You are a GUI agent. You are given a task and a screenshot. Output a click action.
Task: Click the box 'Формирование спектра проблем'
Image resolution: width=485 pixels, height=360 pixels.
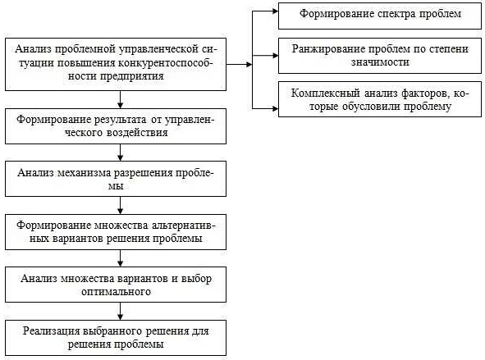pyautogui.click(x=380, y=16)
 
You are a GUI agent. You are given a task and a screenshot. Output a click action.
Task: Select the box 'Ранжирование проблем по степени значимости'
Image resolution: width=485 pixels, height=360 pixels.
pyautogui.click(x=380, y=56)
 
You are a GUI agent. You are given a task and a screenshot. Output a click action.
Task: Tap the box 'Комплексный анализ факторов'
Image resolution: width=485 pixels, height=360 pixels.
pyautogui.click(x=380, y=99)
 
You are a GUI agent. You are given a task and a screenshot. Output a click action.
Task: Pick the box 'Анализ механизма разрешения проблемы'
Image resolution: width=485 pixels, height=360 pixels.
pyautogui.click(x=116, y=179)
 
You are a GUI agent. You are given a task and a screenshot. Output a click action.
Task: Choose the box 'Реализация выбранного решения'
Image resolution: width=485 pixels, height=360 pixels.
pyautogui.click(x=116, y=338)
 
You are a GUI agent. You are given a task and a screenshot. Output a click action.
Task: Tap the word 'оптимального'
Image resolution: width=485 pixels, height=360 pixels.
pyautogui.click(x=116, y=292)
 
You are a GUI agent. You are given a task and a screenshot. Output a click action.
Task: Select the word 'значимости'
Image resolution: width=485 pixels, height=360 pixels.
pyautogui.click(x=380, y=62)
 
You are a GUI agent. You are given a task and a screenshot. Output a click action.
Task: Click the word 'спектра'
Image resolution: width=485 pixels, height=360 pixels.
pyautogui.click(x=397, y=14)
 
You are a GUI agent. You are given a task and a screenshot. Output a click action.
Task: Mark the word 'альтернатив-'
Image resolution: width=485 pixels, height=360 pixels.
pyautogui.click(x=184, y=226)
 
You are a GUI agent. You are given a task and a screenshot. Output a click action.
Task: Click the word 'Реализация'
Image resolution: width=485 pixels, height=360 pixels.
pyautogui.click(x=52, y=331)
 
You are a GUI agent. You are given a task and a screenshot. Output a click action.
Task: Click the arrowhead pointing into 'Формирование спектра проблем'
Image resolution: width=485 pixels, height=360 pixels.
pyautogui.click(x=275, y=11)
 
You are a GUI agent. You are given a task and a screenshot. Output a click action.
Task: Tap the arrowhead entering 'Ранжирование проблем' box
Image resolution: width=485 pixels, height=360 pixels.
pyautogui.click(x=275, y=56)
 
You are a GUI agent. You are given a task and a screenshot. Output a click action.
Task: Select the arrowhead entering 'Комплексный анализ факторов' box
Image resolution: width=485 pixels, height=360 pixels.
pyautogui.click(x=275, y=108)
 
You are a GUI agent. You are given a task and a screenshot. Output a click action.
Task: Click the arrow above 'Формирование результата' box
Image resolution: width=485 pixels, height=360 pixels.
pyautogui.click(x=121, y=99)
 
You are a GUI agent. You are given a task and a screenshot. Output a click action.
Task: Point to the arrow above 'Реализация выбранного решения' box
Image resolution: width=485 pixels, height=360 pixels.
pyautogui.click(x=121, y=311)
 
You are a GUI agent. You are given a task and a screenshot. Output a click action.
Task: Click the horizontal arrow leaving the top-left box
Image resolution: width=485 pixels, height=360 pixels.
pyautogui.click(x=239, y=64)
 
